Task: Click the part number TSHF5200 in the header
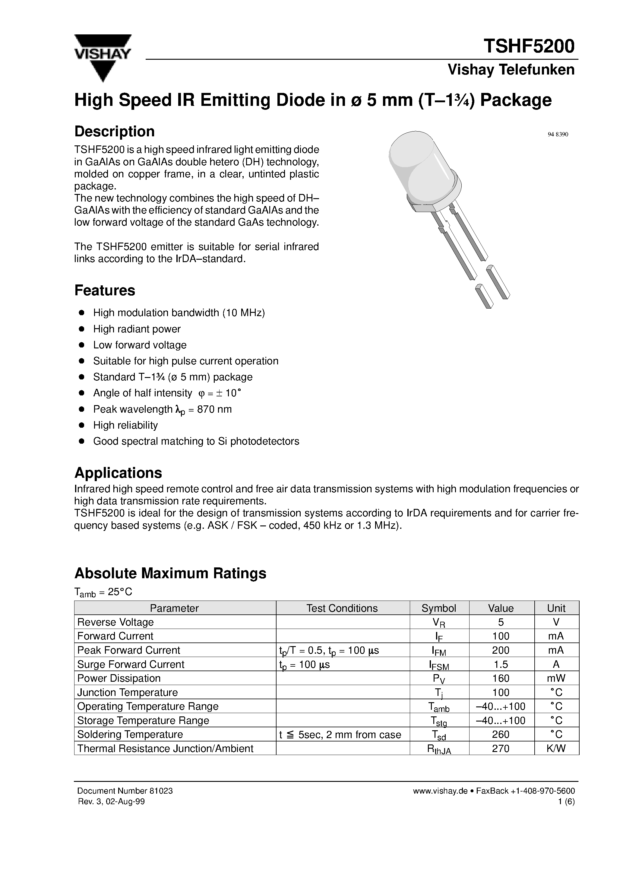[x=529, y=46]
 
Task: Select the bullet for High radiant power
[x=81, y=329]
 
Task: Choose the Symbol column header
[x=439, y=608]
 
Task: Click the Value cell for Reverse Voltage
[x=501, y=622]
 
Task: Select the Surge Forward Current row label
[x=131, y=664]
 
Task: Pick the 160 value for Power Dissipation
[x=501, y=678]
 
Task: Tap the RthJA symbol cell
[x=439, y=749]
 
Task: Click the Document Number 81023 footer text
[x=125, y=791]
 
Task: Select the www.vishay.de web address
[x=440, y=791]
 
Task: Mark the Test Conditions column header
[x=342, y=608]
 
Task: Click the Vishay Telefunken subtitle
[x=511, y=70]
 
